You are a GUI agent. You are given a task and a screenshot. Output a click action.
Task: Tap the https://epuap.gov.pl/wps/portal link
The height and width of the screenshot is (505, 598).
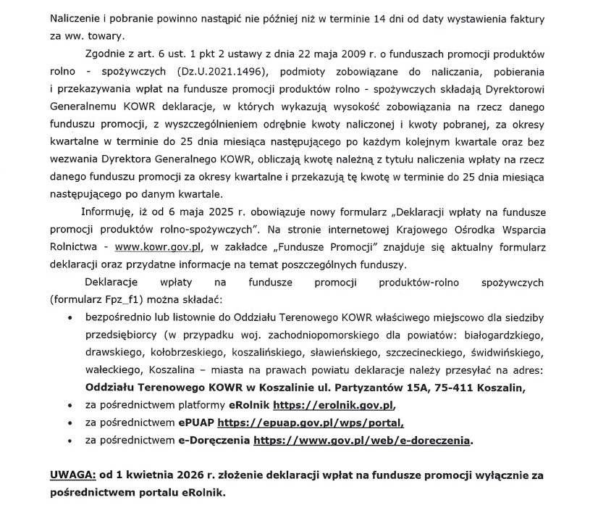(311, 422)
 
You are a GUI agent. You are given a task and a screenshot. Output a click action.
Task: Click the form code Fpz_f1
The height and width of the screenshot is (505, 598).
(127, 299)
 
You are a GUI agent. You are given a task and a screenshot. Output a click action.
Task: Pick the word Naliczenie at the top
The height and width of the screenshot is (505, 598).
(77, 16)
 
